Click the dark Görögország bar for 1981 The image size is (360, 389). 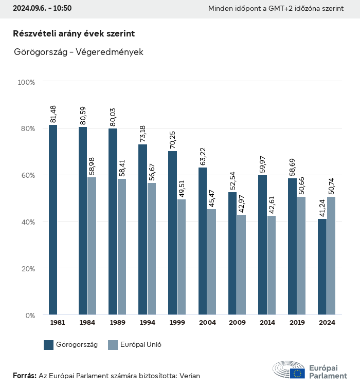click(53, 219)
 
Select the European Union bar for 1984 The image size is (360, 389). click(92, 246)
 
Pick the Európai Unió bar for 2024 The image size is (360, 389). click(331, 255)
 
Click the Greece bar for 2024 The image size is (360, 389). click(322, 266)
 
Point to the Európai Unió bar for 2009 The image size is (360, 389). click(241, 264)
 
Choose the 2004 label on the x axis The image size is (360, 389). click(207, 323)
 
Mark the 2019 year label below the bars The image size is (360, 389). click(297, 323)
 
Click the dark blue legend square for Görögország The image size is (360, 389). click(49, 345)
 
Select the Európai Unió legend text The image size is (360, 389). click(141, 345)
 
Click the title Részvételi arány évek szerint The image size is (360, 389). click(74, 33)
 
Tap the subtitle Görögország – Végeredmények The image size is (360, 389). click(79, 52)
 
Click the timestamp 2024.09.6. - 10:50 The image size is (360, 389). click(42, 8)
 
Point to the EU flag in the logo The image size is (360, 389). click(297, 374)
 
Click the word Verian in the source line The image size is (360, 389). click(189, 376)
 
